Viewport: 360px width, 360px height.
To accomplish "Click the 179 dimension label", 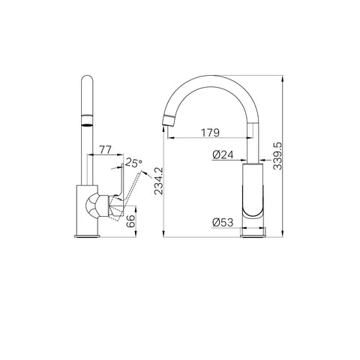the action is coord(211,133).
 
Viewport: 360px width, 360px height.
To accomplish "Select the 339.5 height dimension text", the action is coord(277,156).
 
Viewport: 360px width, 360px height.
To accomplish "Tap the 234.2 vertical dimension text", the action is coord(158,181).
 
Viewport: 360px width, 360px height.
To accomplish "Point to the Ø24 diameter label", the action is coord(223,154).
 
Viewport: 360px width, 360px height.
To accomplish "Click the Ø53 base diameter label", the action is coord(223,222).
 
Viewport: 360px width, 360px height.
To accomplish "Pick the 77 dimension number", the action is coord(105,150).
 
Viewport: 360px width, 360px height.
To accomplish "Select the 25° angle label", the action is coord(133,163).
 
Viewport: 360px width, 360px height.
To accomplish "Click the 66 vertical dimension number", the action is coord(130,221).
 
